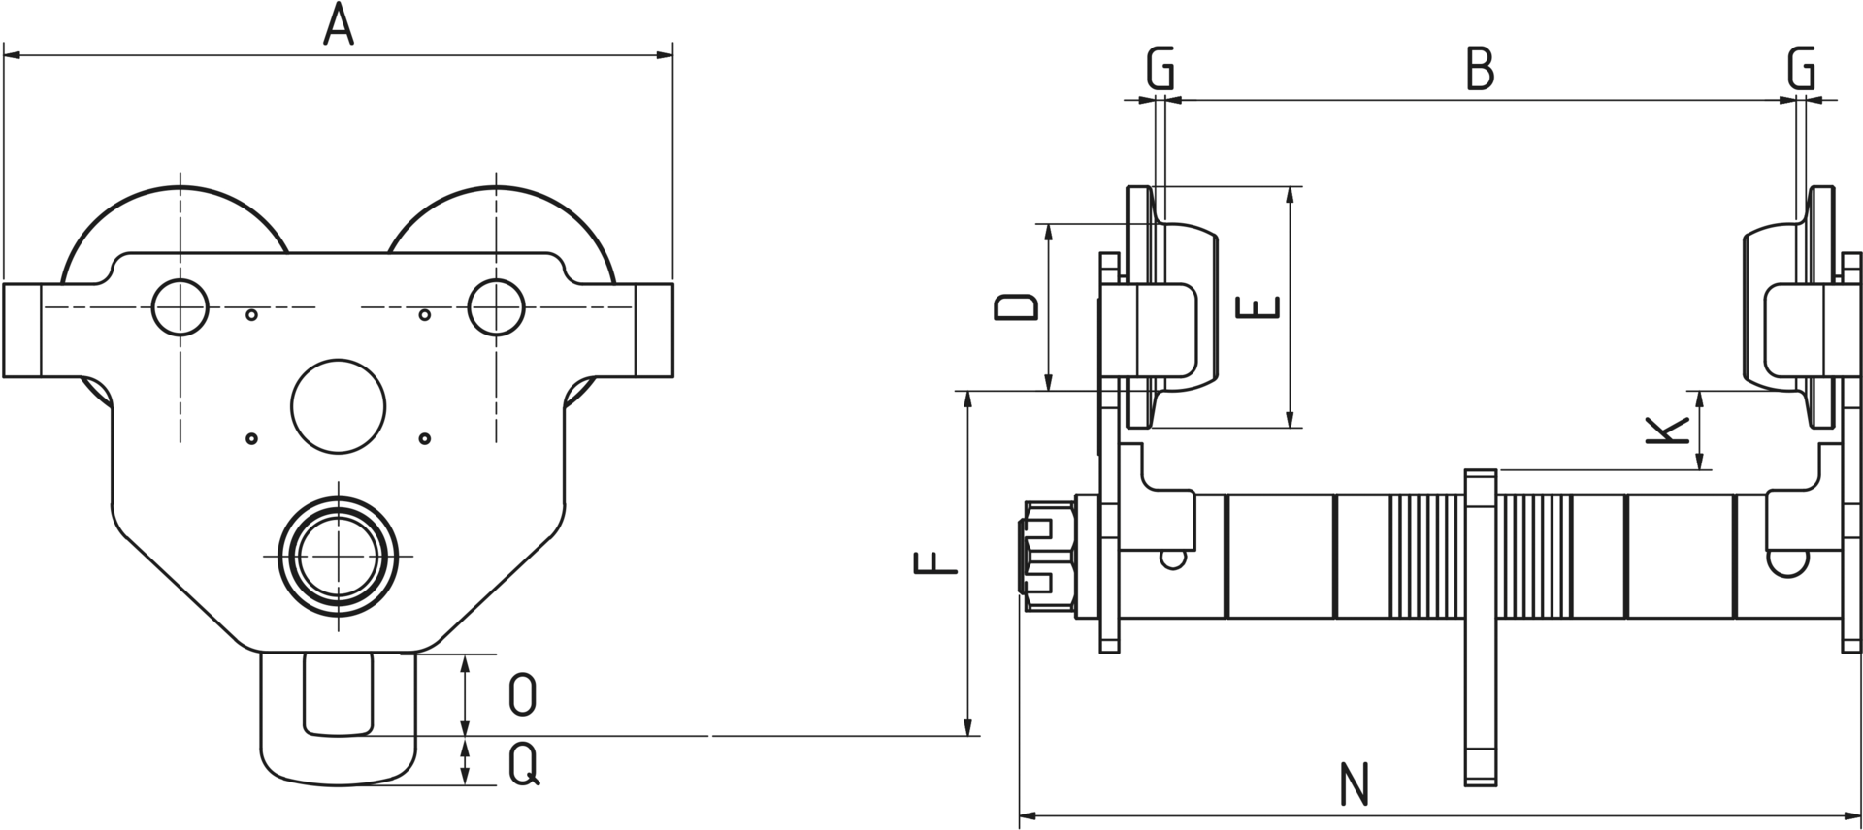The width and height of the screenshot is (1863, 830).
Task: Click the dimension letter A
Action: pos(338,25)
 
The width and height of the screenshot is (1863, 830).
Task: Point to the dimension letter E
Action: pos(1260,307)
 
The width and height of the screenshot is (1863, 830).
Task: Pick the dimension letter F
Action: pos(937,563)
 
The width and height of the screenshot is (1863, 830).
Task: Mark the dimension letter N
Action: pos(1354,785)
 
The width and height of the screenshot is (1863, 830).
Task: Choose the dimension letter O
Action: pos(523,695)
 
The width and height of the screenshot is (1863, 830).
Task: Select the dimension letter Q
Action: pos(524,766)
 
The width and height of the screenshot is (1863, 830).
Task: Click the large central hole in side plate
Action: pos(339,405)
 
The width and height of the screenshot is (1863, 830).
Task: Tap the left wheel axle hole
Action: pos(180,307)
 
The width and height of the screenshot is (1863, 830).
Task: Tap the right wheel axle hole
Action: pos(496,307)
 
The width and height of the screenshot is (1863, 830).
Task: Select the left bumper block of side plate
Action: pos(21,331)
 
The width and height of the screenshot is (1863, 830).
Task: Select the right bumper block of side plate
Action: pos(654,331)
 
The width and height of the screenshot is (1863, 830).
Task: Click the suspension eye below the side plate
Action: pos(339,718)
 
